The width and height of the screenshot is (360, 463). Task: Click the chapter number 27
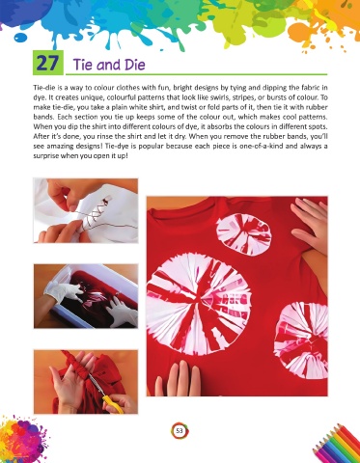point(47,63)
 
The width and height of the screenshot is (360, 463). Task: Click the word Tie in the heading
point(83,65)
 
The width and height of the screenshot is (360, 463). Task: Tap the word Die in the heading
point(132,65)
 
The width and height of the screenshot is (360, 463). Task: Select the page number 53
point(179,430)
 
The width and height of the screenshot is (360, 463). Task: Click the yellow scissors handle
point(113,404)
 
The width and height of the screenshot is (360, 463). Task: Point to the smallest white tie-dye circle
point(243,235)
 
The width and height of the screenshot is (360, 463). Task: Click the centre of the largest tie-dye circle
point(199,303)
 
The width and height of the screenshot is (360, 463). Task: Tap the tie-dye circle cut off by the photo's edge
point(302,340)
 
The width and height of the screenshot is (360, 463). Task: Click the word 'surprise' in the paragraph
point(44,159)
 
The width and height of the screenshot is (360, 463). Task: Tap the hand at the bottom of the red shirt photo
point(178,378)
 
